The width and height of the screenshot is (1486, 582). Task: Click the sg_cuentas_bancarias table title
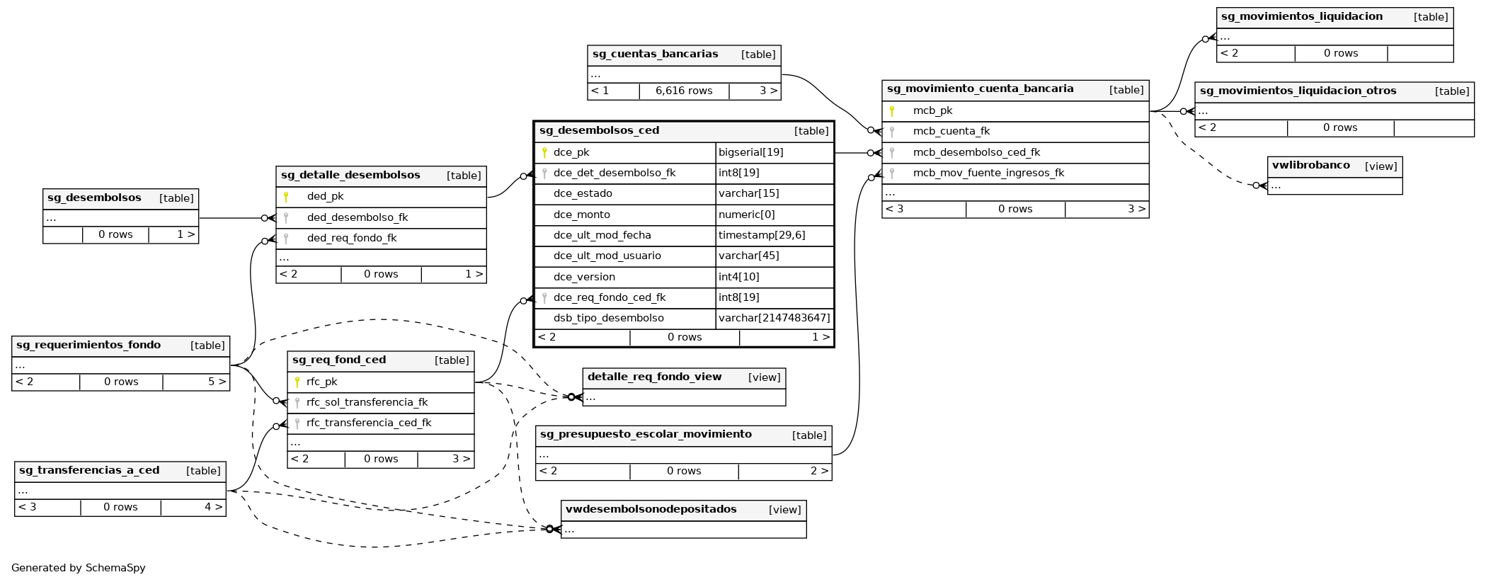coord(655,54)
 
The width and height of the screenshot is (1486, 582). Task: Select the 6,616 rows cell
coord(684,91)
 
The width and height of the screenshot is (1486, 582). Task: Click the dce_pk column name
coord(571,152)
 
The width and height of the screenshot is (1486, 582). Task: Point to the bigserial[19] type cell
coord(750,152)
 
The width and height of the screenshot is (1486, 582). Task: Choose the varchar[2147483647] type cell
coord(774,318)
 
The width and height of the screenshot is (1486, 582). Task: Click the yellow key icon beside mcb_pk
coord(892,110)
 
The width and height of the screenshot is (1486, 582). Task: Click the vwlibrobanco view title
coord(1310,165)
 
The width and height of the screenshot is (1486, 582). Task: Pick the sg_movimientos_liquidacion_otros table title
coord(1298,91)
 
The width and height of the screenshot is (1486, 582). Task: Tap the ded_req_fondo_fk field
coord(352,238)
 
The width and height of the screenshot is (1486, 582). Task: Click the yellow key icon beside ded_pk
coord(286,197)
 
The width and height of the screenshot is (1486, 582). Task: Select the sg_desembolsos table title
coord(94,198)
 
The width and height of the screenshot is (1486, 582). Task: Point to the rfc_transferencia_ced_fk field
coord(369,423)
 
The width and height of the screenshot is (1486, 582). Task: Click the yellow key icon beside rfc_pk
coord(297,382)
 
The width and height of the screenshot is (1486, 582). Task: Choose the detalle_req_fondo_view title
coord(654,377)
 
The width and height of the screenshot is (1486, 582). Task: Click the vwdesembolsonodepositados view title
coord(651,509)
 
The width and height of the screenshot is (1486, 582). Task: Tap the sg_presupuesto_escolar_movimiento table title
coord(646,434)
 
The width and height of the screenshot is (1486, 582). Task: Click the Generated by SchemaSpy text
coord(78,568)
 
